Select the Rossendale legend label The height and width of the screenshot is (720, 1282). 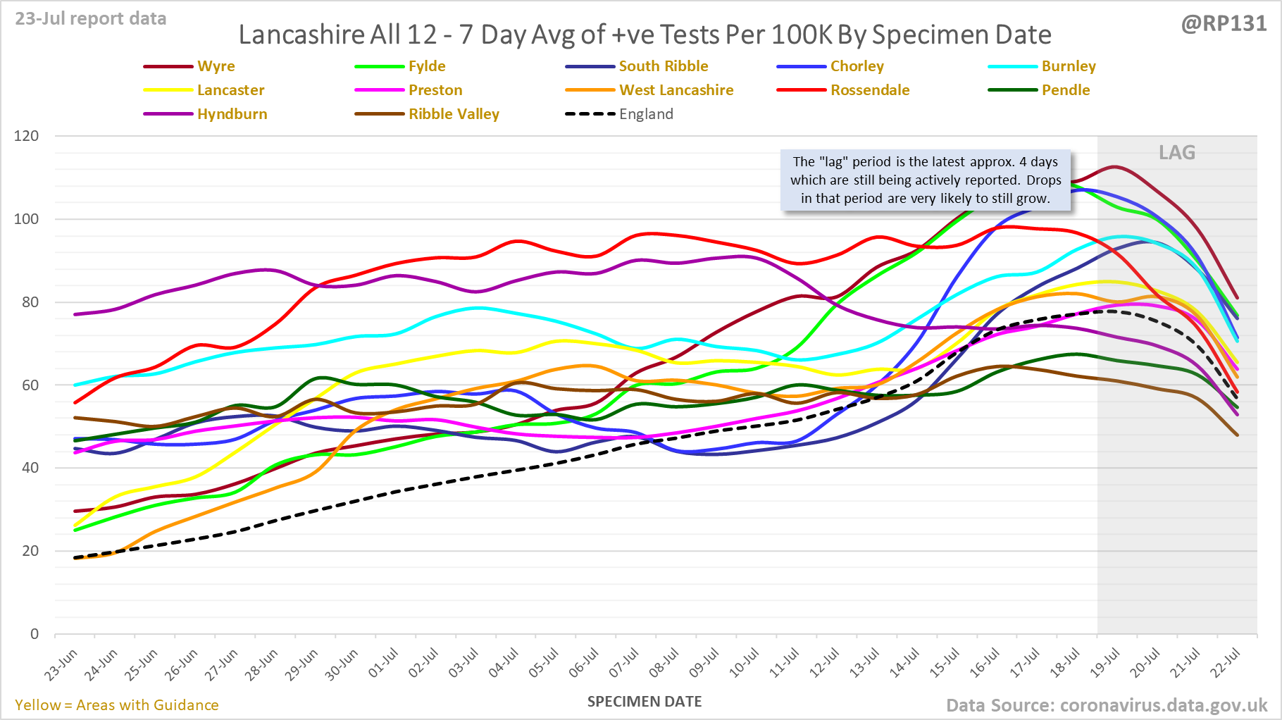tap(869, 90)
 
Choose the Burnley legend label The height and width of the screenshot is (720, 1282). tap(1068, 66)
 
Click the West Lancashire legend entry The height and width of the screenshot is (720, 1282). tap(676, 90)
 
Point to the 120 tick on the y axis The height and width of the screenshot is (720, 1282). tap(26, 136)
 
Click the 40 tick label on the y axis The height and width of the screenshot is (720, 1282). tap(30, 468)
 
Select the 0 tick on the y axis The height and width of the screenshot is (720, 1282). tap(35, 634)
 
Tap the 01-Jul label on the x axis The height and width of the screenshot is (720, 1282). tap(384, 663)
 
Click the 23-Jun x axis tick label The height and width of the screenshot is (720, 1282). tap(61, 665)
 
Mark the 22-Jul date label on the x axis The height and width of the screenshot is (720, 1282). tap(1225, 664)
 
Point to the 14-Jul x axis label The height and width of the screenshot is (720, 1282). tap(904, 664)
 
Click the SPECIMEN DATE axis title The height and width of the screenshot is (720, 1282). tap(645, 702)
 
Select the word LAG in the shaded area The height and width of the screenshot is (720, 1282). tap(1177, 153)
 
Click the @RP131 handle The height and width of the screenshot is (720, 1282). tap(1224, 24)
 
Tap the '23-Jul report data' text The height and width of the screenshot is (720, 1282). tap(91, 19)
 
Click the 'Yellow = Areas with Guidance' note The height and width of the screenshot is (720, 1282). tap(117, 705)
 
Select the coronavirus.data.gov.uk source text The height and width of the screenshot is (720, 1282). tap(1163, 705)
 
